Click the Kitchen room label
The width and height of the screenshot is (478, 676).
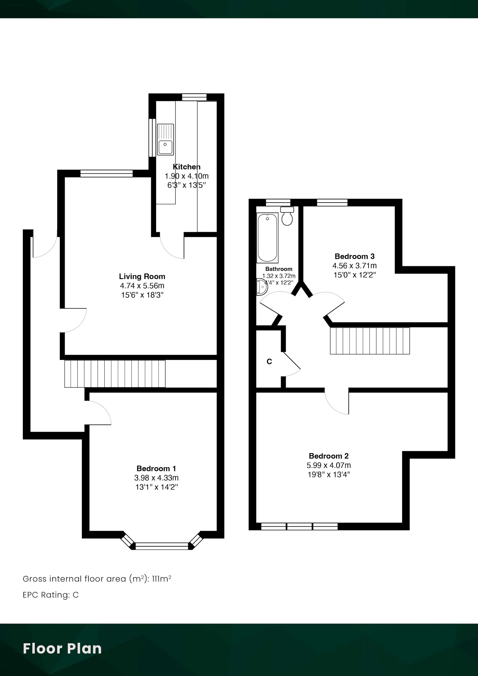(186, 167)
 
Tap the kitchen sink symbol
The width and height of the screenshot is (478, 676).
(165, 140)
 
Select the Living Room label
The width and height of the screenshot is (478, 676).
(142, 277)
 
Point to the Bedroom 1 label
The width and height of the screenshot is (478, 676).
(156, 468)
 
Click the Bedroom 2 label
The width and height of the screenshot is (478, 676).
(329, 456)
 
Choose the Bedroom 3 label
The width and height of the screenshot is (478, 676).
(355, 256)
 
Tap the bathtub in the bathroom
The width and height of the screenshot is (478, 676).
(267, 238)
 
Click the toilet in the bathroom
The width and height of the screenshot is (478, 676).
(287, 216)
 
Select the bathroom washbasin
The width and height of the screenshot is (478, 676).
(262, 286)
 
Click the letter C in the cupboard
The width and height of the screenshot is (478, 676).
(269, 362)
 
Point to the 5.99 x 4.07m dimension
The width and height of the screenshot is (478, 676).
(329, 465)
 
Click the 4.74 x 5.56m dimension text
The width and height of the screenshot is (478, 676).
(142, 285)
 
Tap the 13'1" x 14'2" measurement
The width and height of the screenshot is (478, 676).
(156, 487)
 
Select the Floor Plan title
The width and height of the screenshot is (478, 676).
(62, 649)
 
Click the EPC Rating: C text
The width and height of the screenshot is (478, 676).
(51, 595)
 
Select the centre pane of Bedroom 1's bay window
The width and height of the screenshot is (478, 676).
(162, 546)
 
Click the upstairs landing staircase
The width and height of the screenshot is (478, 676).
(370, 341)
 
